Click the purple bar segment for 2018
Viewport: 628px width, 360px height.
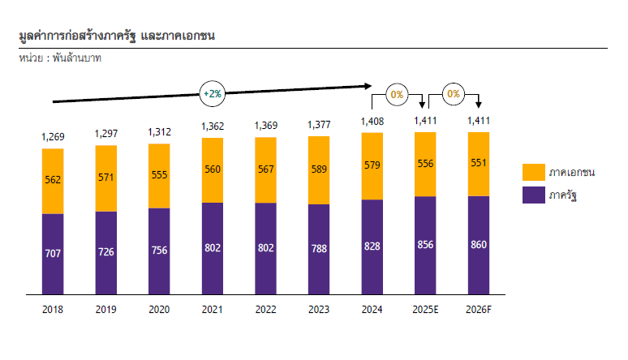(53, 253)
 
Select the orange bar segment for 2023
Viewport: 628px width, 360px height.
(319, 170)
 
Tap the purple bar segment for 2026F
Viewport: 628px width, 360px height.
(479, 244)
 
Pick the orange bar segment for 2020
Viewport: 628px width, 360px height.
(159, 176)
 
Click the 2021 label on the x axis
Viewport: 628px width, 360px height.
(212, 309)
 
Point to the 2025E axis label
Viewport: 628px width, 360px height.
(425, 309)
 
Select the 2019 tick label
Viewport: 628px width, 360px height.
(105, 309)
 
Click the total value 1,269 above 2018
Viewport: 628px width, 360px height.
(53, 135)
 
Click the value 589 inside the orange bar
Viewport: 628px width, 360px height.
(319, 169)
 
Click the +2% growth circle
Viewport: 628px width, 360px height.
(212, 93)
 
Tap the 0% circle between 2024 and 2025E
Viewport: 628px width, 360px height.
(398, 94)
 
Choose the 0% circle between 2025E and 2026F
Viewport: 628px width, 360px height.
(452, 94)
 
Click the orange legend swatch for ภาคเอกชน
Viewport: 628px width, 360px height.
(534, 172)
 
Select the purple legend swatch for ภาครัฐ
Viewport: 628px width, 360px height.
(534, 195)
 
